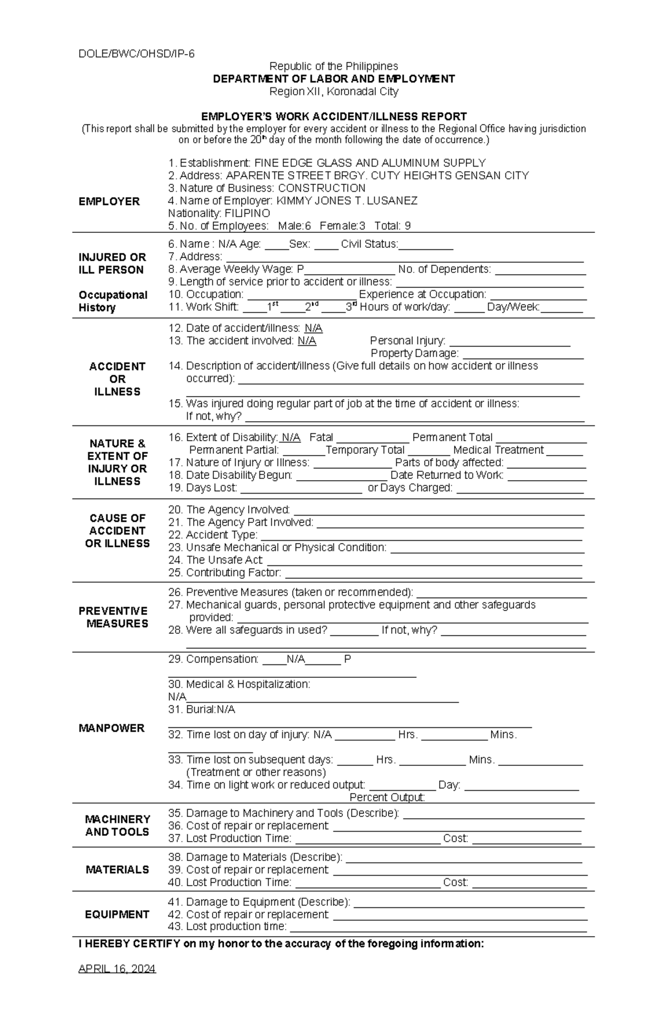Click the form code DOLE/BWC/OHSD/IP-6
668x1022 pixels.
(136, 54)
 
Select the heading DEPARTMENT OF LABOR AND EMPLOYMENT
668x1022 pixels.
(333, 79)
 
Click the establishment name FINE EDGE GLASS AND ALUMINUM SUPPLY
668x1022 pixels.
(370, 163)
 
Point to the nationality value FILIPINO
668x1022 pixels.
(247, 213)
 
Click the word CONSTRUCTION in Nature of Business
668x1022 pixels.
(321, 188)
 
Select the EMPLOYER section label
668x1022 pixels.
(109, 201)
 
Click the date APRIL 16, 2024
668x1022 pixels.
(117, 969)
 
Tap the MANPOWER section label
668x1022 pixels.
(111, 728)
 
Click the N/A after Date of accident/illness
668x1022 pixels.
(313, 328)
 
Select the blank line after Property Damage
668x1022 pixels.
(523, 354)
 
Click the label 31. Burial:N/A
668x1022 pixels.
(202, 710)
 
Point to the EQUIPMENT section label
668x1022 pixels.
(117, 914)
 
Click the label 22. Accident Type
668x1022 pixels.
(213, 535)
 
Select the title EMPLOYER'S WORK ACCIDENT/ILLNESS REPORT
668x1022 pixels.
(333, 116)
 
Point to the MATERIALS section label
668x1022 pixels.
(117, 869)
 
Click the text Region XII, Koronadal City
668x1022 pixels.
(333, 91)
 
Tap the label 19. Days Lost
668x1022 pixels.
(203, 488)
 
